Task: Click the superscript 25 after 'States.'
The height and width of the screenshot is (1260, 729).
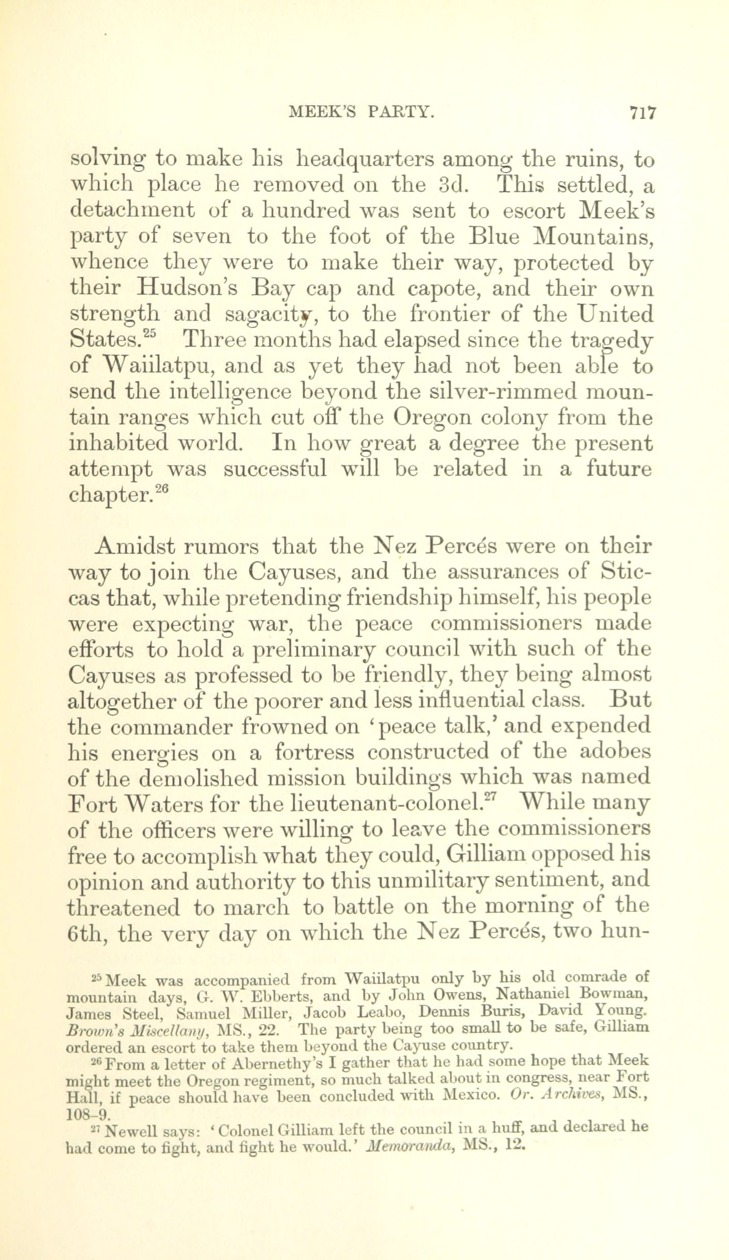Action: [151, 333]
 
